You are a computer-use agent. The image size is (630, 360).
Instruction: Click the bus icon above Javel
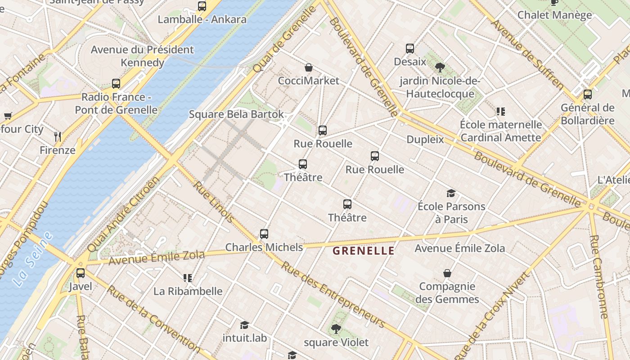pos(81,273)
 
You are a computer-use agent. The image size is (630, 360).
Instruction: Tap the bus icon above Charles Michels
pos(264,234)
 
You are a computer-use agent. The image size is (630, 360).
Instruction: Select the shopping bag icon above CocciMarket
pos(309,68)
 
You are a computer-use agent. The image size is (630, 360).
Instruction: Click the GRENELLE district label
pos(364,251)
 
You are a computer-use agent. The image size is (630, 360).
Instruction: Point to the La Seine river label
pos(32,260)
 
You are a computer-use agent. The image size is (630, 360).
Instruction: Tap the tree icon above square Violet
pos(336,329)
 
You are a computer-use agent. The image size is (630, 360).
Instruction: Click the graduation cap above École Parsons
pos(451,193)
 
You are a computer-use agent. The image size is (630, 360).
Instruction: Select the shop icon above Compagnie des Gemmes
pos(447,273)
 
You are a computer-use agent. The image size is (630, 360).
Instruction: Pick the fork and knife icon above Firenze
pos(58,136)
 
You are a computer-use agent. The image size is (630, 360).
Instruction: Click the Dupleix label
pos(425,139)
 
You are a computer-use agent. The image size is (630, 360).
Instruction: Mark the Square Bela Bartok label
pos(236,114)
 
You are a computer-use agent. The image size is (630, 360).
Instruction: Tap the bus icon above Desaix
pos(410,48)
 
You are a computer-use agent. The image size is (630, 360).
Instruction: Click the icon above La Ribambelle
pos(188,278)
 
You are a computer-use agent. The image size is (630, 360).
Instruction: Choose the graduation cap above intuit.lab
pos(244,325)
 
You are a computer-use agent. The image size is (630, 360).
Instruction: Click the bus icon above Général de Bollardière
pos(587,94)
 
